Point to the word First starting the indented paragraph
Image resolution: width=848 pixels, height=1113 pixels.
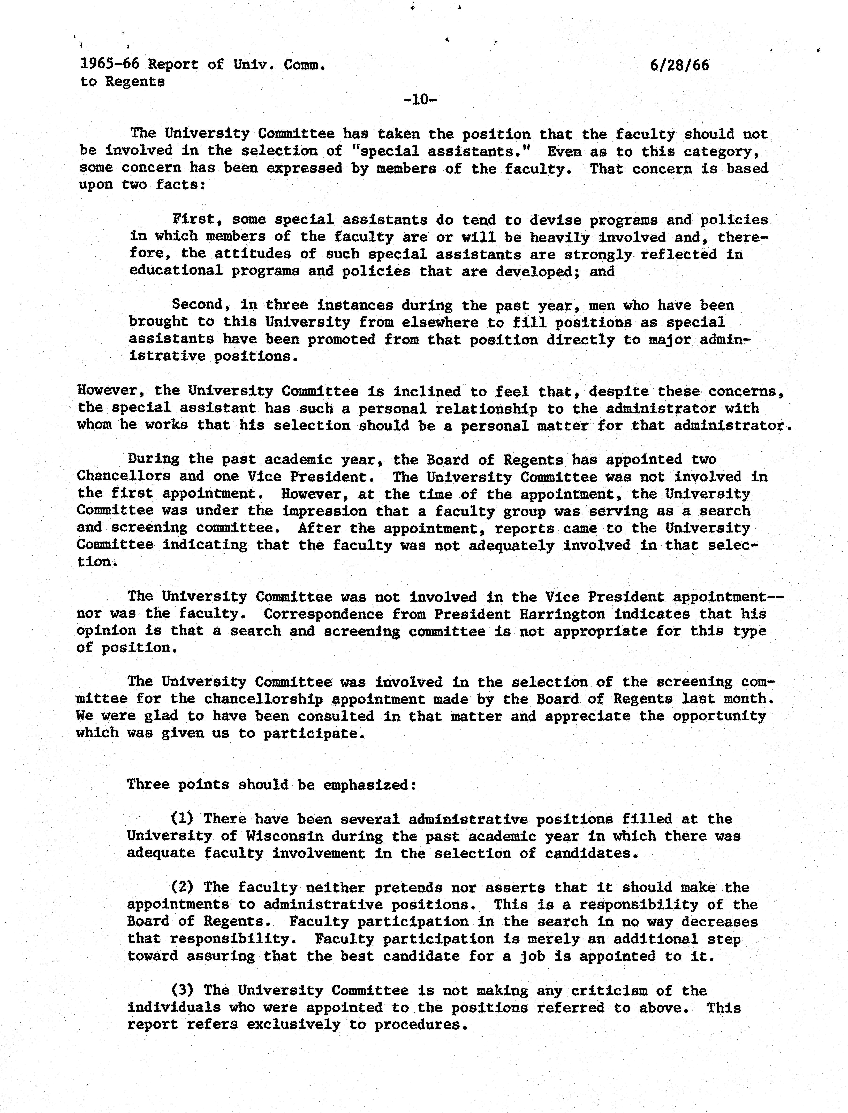click(x=194, y=220)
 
